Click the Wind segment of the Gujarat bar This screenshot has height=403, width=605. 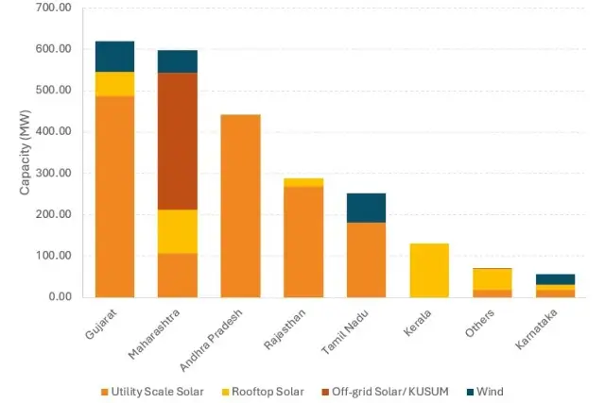coord(114,57)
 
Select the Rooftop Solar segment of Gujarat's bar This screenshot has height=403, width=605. coord(114,84)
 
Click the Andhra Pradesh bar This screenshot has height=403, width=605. coord(240,206)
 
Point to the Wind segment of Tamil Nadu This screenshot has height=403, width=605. coord(366,208)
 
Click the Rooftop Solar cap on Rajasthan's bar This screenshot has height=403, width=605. coord(303,182)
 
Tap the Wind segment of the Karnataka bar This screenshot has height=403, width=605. coord(555,279)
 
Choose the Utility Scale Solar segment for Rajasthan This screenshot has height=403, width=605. coord(303,242)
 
